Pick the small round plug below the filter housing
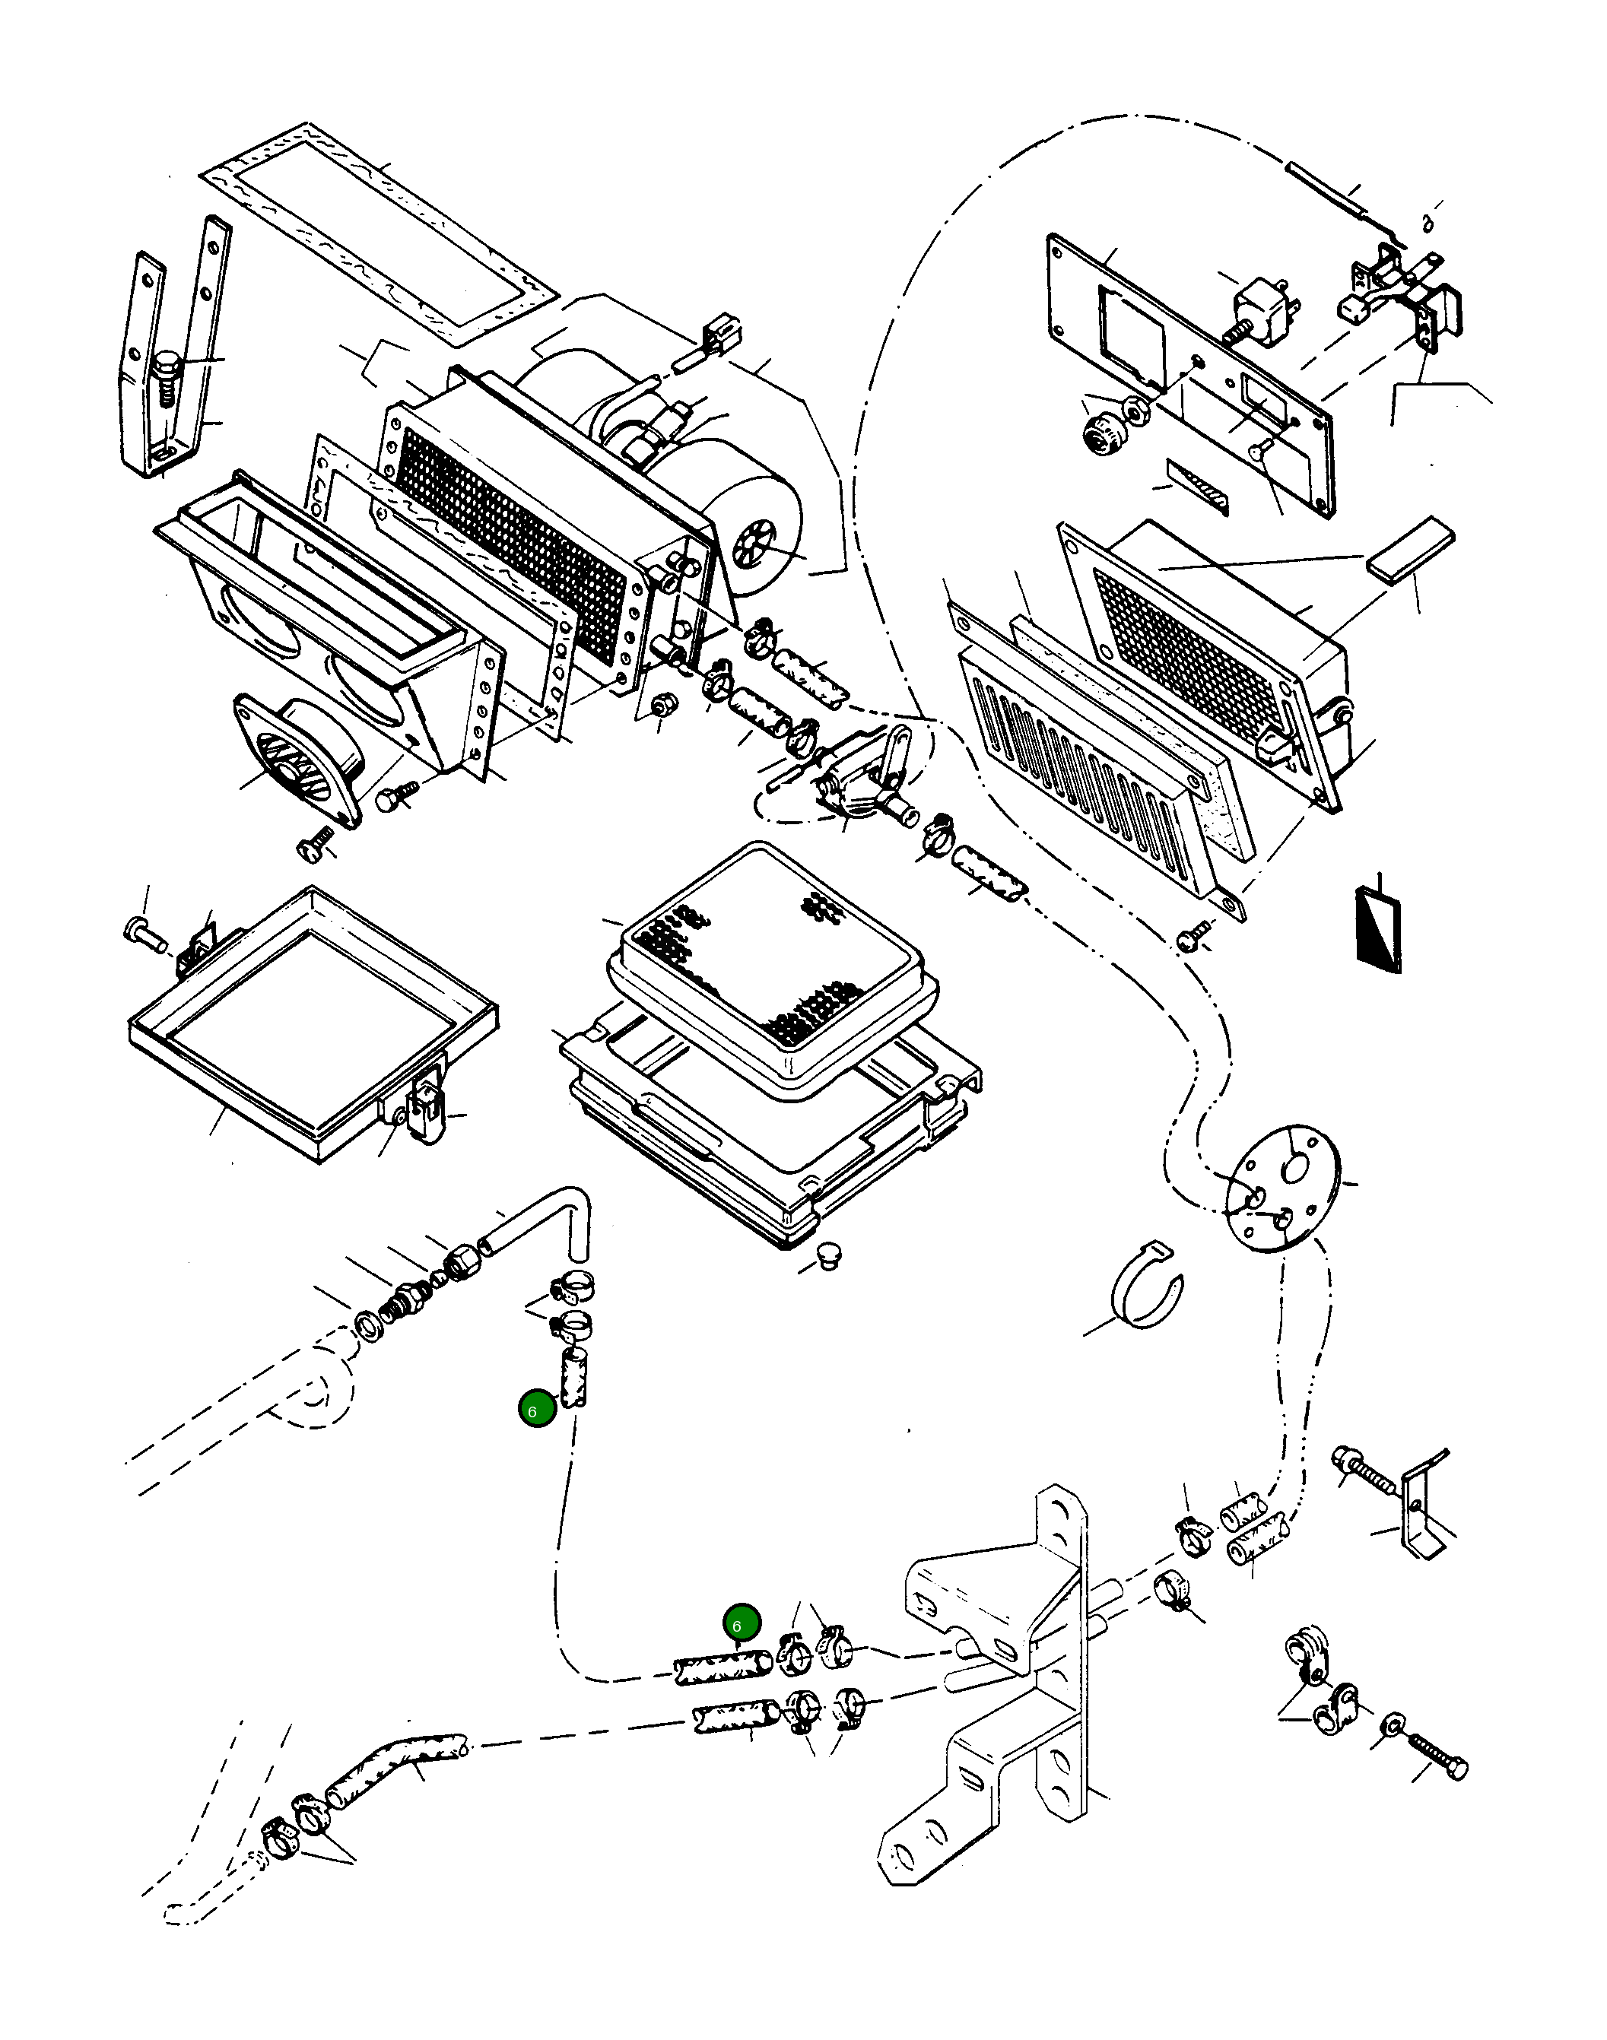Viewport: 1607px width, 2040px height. coord(829,1254)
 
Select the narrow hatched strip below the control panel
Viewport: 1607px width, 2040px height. coord(1198,487)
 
